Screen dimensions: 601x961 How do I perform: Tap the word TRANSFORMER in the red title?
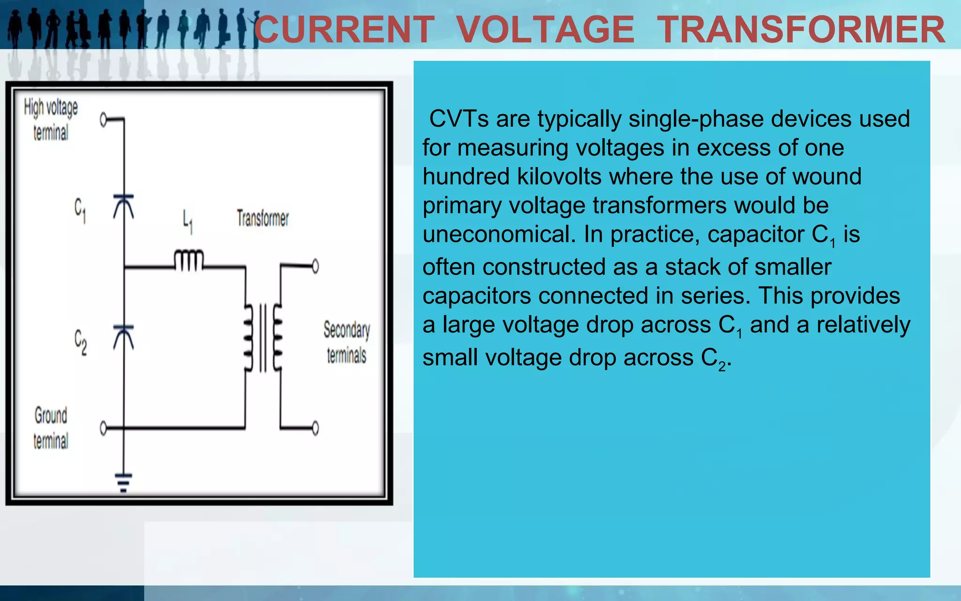point(801,30)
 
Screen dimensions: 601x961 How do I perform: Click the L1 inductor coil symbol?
point(189,260)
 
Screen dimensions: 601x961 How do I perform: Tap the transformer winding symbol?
point(263,337)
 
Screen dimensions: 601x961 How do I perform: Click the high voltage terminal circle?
point(104,120)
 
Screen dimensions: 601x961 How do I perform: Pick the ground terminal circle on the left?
point(104,428)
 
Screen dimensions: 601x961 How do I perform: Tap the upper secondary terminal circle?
point(315,266)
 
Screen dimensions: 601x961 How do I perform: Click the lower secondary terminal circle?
point(315,428)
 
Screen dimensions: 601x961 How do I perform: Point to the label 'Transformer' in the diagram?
point(263,218)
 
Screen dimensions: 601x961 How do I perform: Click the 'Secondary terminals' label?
point(347,342)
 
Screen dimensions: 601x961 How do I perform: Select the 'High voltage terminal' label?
point(51,120)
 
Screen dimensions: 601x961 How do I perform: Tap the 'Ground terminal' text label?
point(51,428)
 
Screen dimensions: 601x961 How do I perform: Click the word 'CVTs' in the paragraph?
point(459,119)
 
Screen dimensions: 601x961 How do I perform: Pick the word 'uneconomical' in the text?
point(499,234)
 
